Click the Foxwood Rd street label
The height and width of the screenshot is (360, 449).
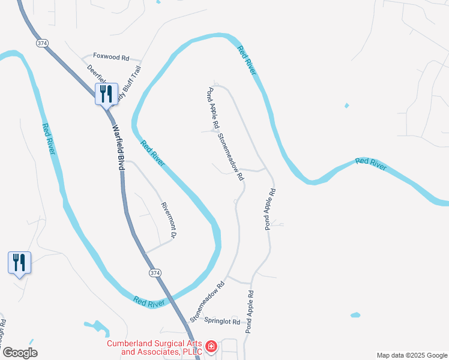pos(111,58)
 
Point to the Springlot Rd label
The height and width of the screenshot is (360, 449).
pos(222,322)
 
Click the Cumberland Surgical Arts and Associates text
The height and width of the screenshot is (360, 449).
pos(154,348)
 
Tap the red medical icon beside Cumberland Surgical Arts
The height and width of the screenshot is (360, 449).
pos(211,346)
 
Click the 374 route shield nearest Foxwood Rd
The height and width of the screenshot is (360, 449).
pos(42,43)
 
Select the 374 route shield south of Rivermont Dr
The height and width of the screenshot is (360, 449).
pos(155,273)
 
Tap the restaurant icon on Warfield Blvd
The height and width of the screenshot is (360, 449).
pos(106,94)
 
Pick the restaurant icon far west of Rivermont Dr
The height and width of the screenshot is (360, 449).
pos(19,263)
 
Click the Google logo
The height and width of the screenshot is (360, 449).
pos(20,353)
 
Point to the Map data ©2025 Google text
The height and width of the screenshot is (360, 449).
pos(411,355)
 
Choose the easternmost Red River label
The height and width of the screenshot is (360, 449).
pos(370,163)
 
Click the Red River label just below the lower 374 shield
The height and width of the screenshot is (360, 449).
pos(149,302)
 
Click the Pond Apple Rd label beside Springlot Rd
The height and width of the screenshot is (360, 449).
pos(250,312)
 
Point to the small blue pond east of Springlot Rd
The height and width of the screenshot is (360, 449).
pos(355,314)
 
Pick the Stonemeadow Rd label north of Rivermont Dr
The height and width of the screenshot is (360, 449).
pos(230,157)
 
